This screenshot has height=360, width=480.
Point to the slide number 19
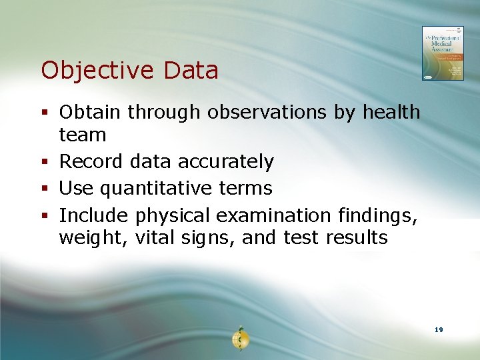438,330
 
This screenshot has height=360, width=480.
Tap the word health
391,113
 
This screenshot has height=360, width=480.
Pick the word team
83,135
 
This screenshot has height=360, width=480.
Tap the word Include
94,215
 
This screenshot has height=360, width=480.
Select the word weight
87,238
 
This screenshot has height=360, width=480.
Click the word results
357,238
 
